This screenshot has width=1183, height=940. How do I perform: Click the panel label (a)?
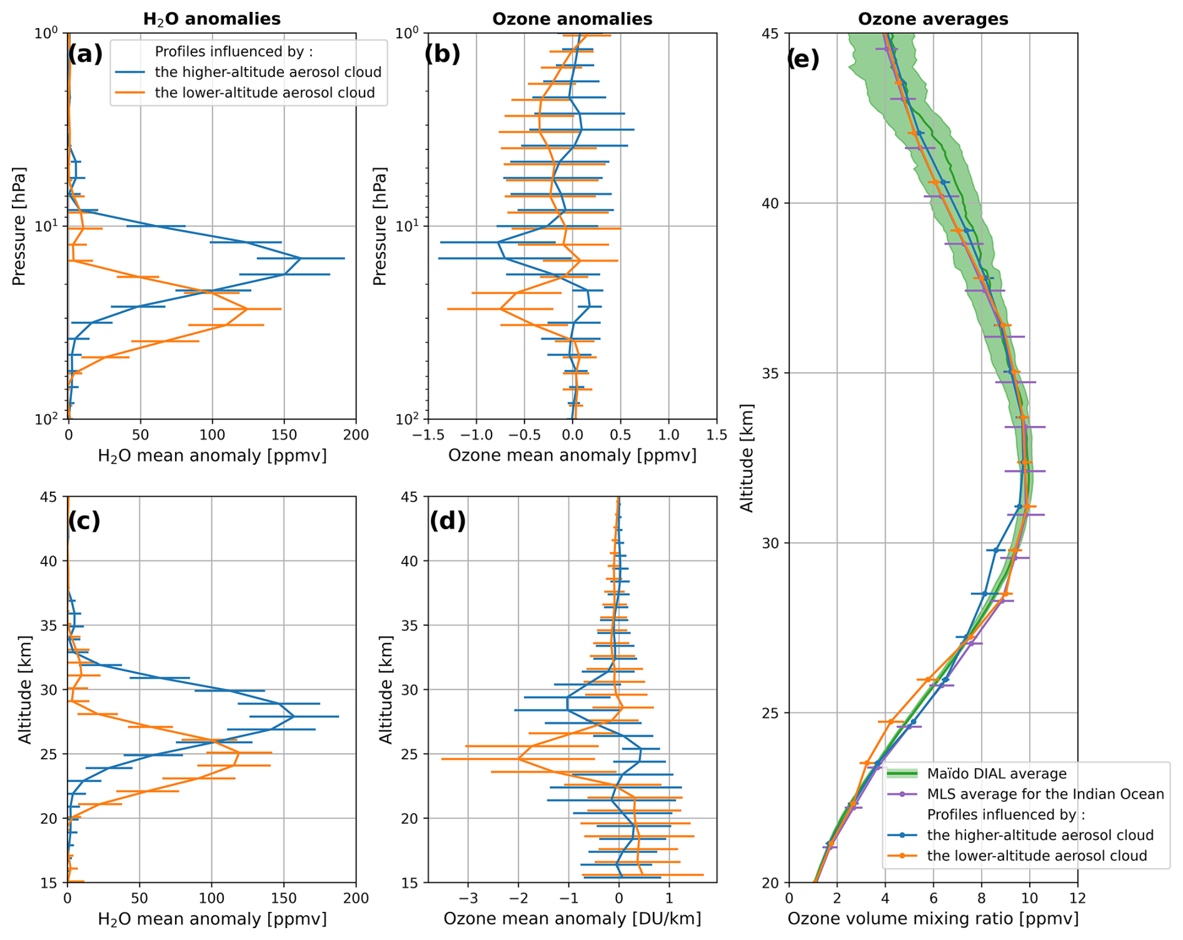click(85, 55)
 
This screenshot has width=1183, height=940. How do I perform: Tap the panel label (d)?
click(447, 520)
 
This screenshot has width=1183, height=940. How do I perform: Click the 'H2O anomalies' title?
click(212, 19)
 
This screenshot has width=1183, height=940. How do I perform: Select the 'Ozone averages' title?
click(933, 19)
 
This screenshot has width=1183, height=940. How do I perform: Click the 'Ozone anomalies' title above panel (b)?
click(572, 19)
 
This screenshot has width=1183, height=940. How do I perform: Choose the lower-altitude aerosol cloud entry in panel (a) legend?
click(264, 93)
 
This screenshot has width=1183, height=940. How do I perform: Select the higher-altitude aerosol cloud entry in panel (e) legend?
click(1040, 836)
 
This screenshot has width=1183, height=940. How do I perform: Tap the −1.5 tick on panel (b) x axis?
click(428, 435)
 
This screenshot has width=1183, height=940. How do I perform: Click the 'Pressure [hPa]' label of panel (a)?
click(19, 226)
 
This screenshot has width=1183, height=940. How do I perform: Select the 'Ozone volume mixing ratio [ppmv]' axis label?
click(933, 919)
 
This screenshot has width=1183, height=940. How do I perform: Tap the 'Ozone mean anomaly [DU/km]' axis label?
click(572, 919)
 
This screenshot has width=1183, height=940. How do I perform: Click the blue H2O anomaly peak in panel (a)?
click(301, 258)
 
